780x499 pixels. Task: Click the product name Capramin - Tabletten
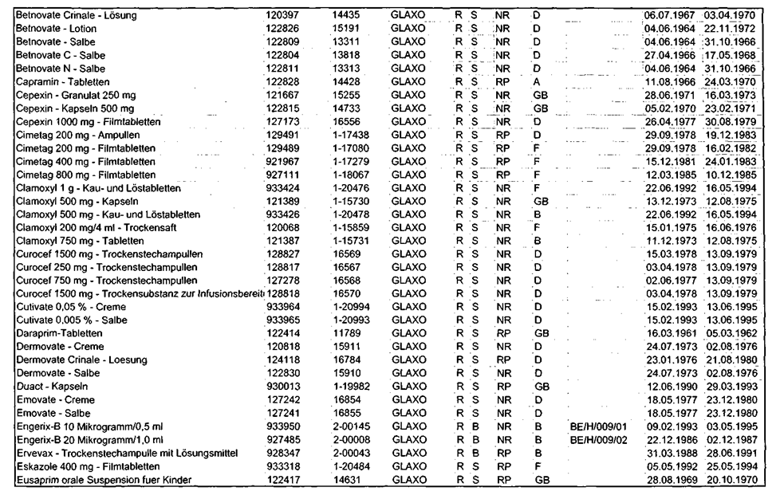click(63, 82)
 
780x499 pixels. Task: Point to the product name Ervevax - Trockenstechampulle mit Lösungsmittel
click(128, 453)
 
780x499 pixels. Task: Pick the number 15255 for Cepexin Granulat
click(347, 96)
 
